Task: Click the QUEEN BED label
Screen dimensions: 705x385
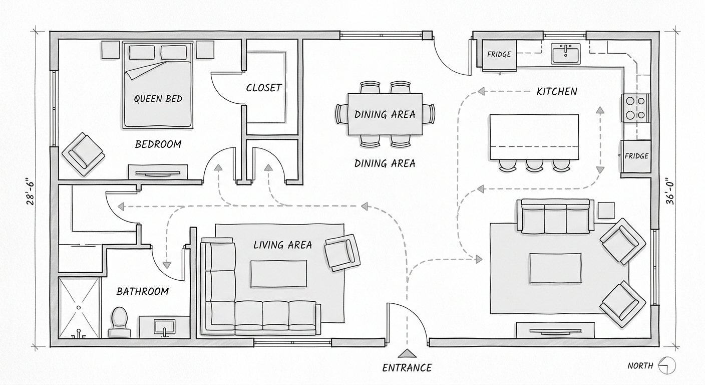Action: pos(158,99)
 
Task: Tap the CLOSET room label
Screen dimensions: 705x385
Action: pos(263,88)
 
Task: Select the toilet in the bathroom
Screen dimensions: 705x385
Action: pos(119,322)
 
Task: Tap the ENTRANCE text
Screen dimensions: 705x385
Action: pos(407,367)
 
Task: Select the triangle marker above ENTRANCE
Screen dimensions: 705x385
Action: pos(407,353)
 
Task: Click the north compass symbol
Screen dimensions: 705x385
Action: pos(667,366)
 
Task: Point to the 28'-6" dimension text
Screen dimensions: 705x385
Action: pos(31,193)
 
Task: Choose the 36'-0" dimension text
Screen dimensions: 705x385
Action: pos(670,192)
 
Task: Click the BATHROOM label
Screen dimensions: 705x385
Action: pos(143,291)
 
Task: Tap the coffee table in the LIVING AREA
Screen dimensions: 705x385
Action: pos(278,274)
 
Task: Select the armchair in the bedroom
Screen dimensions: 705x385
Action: pos(84,154)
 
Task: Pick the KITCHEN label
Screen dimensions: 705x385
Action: pos(557,92)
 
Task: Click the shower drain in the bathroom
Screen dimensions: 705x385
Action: pos(79,307)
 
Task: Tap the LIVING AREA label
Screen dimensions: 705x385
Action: pos(282,245)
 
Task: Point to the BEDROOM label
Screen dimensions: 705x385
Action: pos(158,144)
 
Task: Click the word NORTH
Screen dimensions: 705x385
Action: pos(640,366)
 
